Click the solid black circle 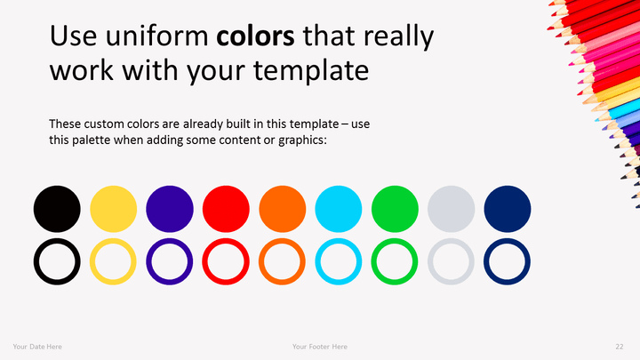click(57, 209)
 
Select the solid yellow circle click(114, 209)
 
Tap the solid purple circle click(170, 209)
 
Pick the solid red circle click(226, 209)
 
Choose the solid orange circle click(283, 209)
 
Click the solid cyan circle click(339, 209)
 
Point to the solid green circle click(395, 209)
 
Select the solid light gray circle click(451, 209)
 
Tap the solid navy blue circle click(508, 209)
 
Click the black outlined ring click(36, 261)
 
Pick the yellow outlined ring click(92, 261)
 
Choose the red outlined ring click(205, 261)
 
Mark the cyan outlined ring click(317, 261)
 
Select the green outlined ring click(374, 261)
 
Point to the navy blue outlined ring click(486, 261)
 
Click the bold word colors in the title click(255, 36)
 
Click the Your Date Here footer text click(37, 347)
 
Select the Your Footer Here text click(320, 347)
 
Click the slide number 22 click(620, 347)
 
